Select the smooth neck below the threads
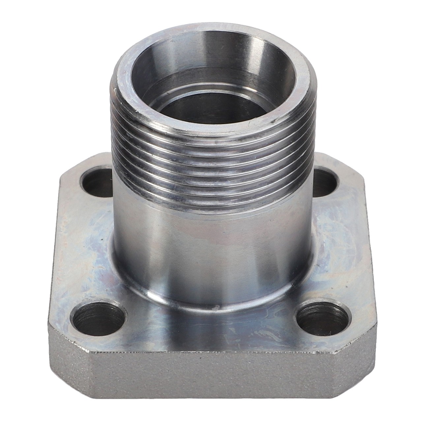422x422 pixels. tap(211, 251)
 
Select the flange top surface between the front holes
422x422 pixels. tap(211, 330)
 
